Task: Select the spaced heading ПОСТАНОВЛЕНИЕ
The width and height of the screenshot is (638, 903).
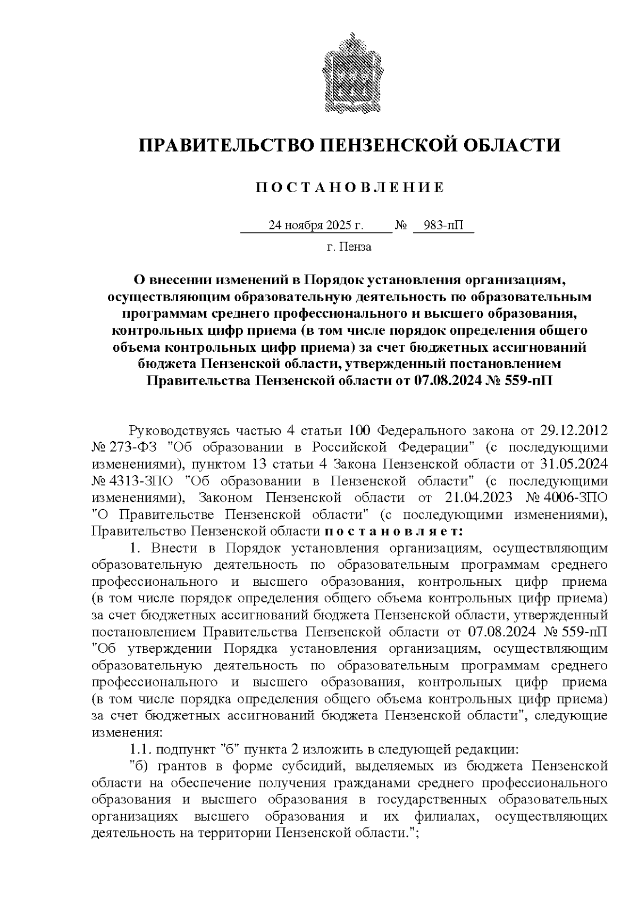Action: pyautogui.click(x=349, y=187)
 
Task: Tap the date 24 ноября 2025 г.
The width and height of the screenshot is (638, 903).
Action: pyautogui.click(x=316, y=225)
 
